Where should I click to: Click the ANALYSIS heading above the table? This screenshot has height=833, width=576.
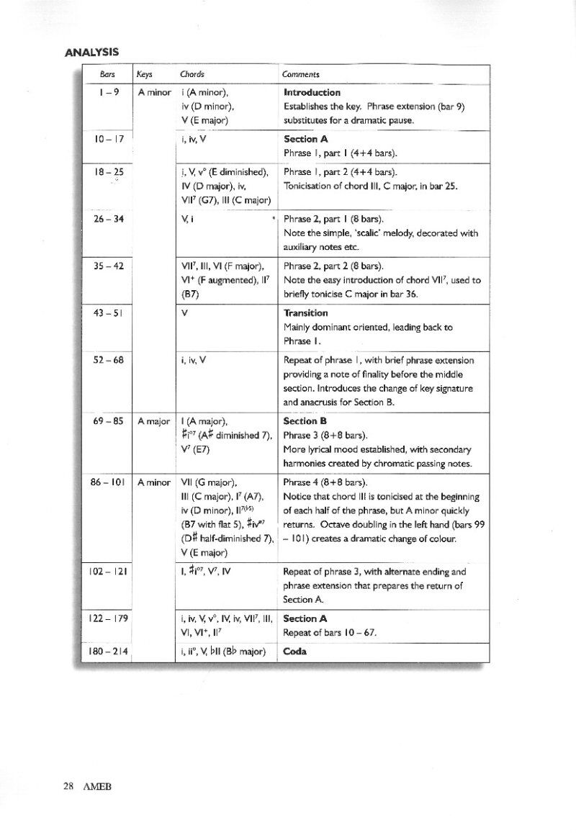click(x=91, y=53)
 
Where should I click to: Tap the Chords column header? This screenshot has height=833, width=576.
click(x=192, y=74)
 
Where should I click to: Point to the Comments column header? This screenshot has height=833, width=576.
click(x=302, y=74)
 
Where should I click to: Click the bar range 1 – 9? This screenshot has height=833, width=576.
click(x=109, y=93)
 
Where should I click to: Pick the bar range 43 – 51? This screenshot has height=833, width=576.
click(x=109, y=313)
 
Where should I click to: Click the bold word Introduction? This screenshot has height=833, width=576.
click(x=312, y=93)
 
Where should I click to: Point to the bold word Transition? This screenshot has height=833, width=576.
click(x=306, y=313)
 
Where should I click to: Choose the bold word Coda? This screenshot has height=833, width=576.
click(x=295, y=652)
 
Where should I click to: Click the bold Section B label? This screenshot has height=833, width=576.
click(x=305, y=420)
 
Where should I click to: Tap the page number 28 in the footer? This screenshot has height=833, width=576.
click(x=68, y=785)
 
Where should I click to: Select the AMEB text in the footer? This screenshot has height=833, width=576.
click(x=96, y=785)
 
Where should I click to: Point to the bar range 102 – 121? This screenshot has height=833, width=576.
click(x=108, y=572)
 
